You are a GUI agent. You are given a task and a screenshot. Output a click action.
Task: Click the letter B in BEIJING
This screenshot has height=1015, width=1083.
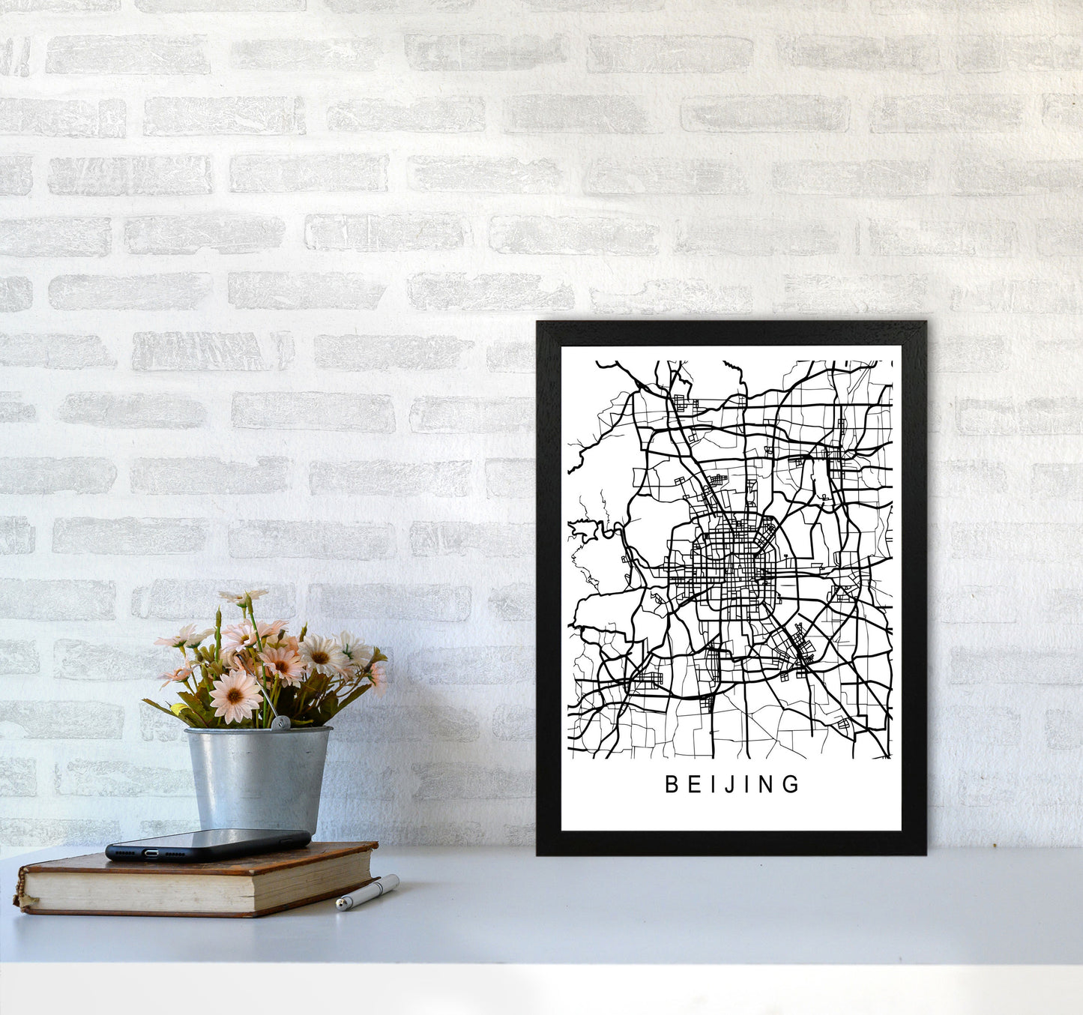(x=672, y=784)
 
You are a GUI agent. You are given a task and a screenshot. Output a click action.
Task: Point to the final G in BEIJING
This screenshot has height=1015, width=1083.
(x=791, y=784)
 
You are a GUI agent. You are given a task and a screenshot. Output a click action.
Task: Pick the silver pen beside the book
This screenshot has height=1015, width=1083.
(x=367, y=892)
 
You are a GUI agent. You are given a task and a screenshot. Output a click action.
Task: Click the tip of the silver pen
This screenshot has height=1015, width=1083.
(x=339, y=906)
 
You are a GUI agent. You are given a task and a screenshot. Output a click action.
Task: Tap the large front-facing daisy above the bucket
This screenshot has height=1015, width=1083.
(x=235, y=695)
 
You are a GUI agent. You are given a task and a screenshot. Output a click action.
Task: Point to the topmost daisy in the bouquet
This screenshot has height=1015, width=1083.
(x=243, y=597)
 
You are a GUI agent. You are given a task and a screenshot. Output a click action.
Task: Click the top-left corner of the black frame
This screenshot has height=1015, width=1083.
(x=540, y=324)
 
